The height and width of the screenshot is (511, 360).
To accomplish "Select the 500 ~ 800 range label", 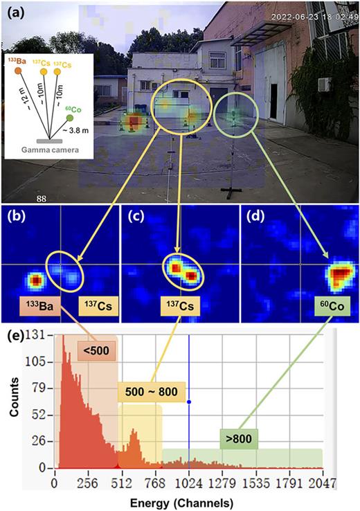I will click(150, 392).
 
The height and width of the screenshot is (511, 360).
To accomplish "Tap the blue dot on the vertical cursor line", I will click(189, 402).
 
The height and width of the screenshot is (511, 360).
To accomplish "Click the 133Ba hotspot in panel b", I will click(35, 280).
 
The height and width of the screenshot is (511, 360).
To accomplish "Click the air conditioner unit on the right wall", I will click(324, 84).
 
